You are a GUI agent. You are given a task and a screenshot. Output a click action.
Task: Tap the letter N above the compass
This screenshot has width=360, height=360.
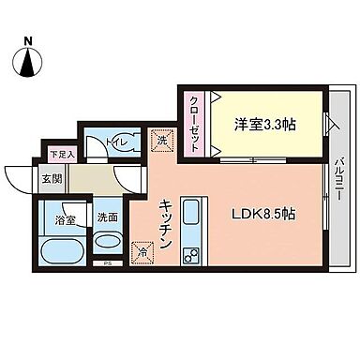[28, 41]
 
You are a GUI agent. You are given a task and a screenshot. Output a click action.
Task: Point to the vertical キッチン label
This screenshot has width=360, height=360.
[164, 222]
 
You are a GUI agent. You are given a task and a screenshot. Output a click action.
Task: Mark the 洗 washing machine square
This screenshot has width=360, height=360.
[161, 141]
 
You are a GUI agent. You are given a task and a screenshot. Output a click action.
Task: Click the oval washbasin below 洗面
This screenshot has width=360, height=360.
[108, 241]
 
